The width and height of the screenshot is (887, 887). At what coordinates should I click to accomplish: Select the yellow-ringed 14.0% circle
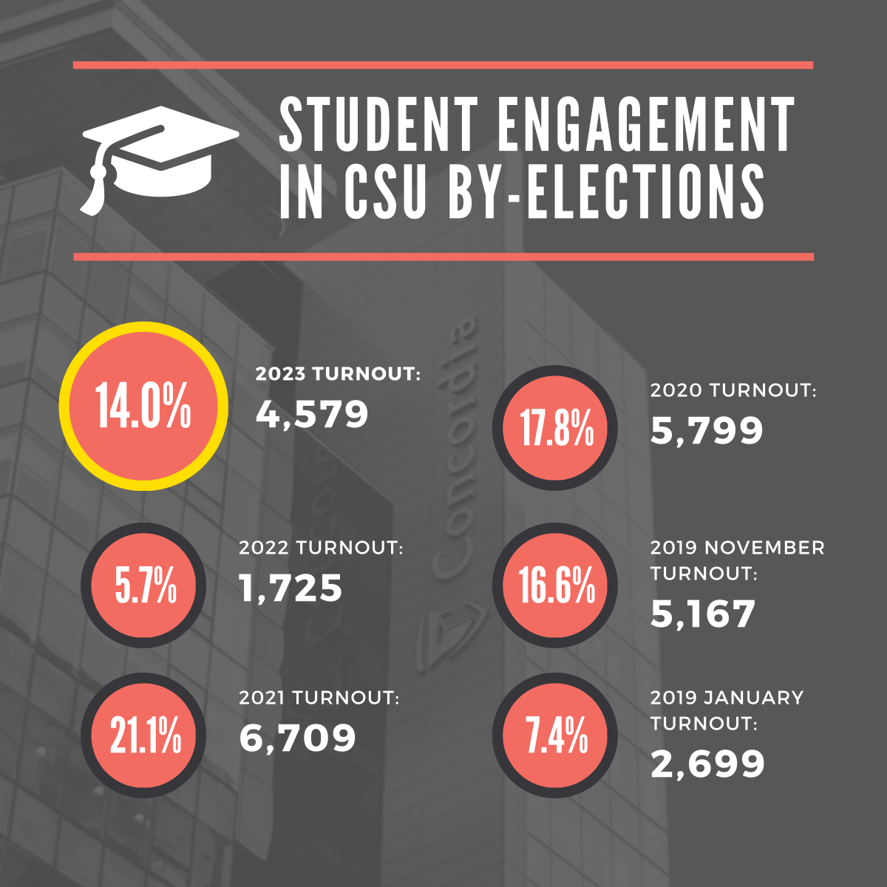coord(143,406)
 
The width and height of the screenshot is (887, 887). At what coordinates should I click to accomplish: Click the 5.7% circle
coord(145,585)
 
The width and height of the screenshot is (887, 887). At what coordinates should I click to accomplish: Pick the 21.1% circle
coord(145,735)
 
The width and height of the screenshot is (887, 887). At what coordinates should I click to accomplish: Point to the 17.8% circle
coord(557,428)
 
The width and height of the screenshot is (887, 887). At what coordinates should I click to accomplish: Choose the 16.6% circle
coord(557,585)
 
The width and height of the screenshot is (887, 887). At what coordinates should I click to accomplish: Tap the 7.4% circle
coord(557,735)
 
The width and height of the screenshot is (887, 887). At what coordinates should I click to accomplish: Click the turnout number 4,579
coord(312,415)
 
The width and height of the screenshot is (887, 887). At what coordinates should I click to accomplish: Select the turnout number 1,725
coord(291,588)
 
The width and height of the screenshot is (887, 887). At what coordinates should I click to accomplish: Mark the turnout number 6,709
coord(298,738)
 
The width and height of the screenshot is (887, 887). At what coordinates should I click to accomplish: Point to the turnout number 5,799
coord(707,431)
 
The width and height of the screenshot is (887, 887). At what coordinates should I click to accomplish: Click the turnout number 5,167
coord(703,614)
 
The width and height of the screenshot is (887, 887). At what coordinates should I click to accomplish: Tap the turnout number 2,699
coord(707,764)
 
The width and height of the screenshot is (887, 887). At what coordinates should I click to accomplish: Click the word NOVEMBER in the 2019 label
coord(764,548)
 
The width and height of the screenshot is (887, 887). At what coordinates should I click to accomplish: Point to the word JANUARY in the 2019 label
coord(752,698)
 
